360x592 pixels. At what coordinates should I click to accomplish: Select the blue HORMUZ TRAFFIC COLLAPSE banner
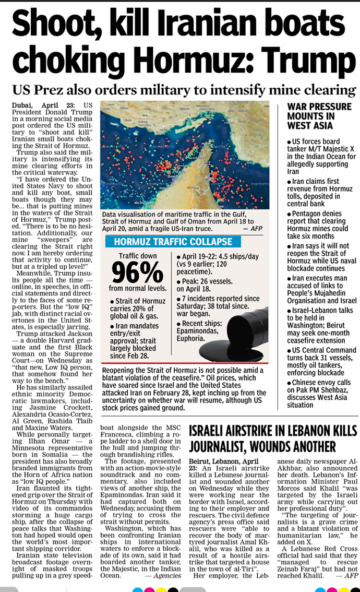coord(173,242)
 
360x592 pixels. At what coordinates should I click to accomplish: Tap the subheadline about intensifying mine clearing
coord(184,88)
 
